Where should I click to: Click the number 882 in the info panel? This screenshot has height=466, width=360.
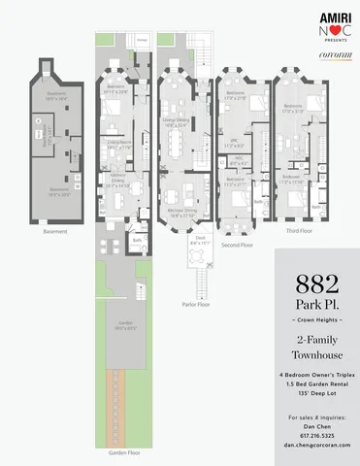(316, 285)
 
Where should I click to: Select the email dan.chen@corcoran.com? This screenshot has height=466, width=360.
(316, 445)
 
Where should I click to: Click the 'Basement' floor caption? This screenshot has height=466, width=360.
(55, 232)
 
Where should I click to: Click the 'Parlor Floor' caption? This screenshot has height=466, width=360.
(199, 304)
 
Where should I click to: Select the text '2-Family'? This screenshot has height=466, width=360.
(316, 340)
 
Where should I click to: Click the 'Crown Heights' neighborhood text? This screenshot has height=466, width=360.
(316, 320)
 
